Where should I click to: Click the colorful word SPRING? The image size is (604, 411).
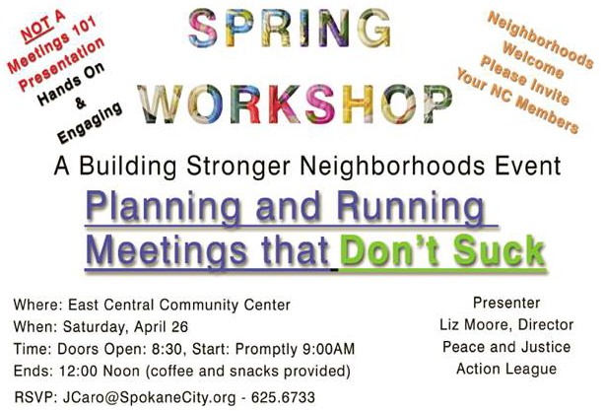click(x=290, y=28)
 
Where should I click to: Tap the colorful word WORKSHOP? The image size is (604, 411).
click(x=295, y=104)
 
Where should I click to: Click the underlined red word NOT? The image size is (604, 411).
click(x=35, y=30)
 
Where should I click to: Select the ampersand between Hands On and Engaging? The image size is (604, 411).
click(x=80, y=103)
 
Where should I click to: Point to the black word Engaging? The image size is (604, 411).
click(x=90, y=122)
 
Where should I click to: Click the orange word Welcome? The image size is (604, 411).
click(x=533, y=60)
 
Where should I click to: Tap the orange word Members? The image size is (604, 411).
click(x=547, y=114)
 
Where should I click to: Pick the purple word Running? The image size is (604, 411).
click(x=411, y=207)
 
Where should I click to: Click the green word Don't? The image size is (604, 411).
click(x=391, y=250)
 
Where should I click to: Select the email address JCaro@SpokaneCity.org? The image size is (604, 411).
click(x=149, y=397)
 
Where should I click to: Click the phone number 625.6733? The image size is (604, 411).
click(x=283, y=397)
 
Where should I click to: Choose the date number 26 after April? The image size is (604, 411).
click(x=179, y=327)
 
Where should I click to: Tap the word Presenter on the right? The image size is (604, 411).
click(x=506, y=303)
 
